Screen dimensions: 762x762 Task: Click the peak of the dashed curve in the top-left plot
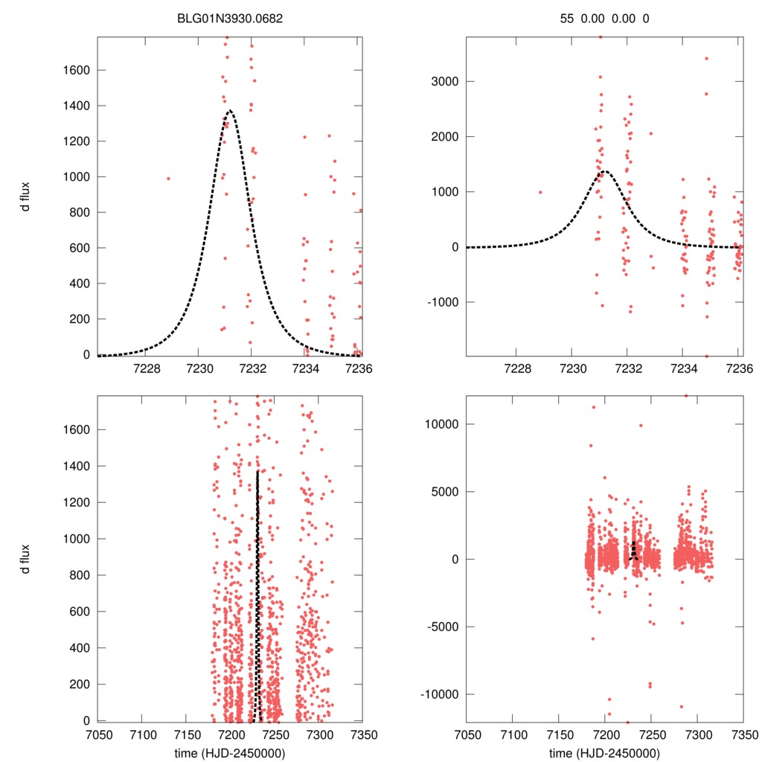pos(230,110)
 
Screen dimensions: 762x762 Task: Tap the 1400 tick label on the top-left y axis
pos(76,106)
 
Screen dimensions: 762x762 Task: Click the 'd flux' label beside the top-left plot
pos(26,195)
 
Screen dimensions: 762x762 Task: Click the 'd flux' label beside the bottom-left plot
pos(26,558)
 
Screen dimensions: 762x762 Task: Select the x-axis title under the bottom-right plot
pos(604,753)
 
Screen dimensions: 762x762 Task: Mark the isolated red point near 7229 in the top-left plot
pos(168,179)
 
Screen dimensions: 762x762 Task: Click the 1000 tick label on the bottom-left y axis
pos(76,538)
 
